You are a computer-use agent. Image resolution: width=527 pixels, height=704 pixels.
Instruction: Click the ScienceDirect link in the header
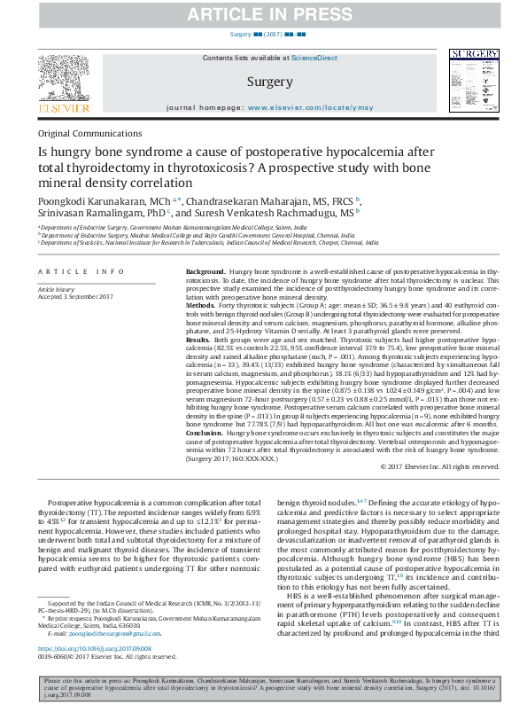coord(315,58)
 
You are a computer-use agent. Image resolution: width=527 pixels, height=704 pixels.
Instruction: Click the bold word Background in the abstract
coord(205,270)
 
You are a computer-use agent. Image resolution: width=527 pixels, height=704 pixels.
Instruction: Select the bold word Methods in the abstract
coord(201,302)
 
